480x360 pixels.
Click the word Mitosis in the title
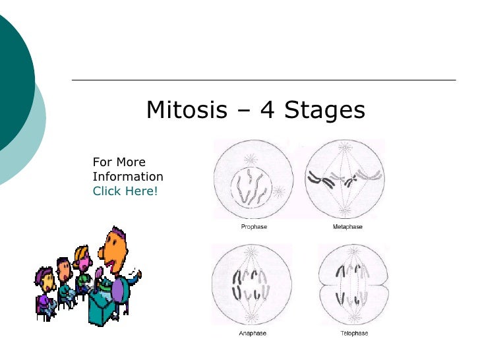(x=186, y=110)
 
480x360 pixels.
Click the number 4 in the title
(x=268, y=110)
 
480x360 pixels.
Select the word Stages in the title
(x=324, y=110)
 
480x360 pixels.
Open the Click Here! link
(x=125, y=191)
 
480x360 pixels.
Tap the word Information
(x=128, y=177)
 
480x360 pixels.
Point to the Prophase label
(x=254, y=227)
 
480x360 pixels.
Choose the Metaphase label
(x=347, y=227)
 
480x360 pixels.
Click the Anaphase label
(x=253, y=334)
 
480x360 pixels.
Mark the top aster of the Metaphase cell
(x=344, y=148)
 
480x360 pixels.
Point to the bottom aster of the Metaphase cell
(x=344, y=209)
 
